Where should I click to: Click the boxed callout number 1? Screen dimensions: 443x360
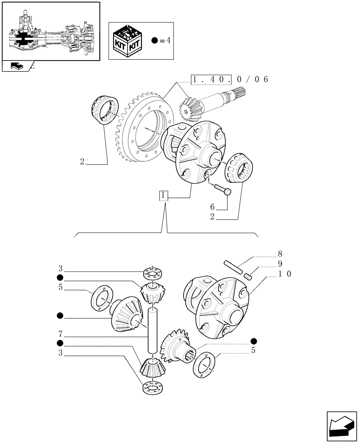164,195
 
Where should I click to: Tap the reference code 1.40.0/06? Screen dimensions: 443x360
230,80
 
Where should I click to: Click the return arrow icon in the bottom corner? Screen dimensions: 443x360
341,426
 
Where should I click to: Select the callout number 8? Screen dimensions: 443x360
279,254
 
